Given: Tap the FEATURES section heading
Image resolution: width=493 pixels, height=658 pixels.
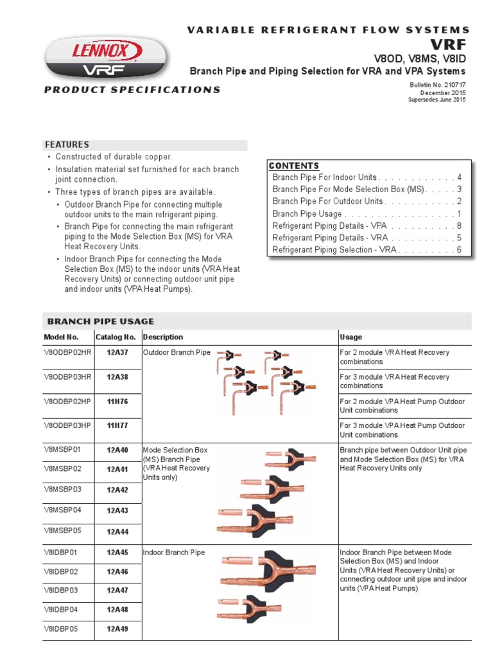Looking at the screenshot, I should click(67, 145).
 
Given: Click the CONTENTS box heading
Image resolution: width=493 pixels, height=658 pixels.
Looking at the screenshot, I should click(294, 166).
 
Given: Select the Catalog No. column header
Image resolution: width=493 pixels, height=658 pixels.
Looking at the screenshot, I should click(116, 337).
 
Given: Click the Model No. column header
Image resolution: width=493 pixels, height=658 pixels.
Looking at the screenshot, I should click(61, 337).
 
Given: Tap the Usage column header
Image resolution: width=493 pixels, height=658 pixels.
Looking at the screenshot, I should click(350, 337).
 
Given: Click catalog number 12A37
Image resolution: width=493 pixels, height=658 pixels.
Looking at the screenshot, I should click(117, 353).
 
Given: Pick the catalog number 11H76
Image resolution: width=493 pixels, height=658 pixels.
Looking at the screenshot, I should click(117, 402).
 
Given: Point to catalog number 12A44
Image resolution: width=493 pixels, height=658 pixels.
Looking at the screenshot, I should click(117, 531).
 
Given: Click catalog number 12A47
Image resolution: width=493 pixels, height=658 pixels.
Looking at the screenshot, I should click(117, 590).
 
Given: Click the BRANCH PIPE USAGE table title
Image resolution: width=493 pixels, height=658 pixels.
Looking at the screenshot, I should click(101, 321).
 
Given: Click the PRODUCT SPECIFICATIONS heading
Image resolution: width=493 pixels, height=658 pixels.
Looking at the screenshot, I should click(132, 90).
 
